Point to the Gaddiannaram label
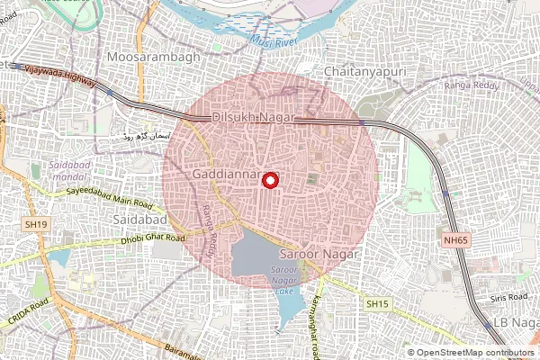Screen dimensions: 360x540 230,172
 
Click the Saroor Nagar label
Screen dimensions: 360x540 319,255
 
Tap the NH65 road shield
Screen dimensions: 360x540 456,240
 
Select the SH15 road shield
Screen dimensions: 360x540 377,305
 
